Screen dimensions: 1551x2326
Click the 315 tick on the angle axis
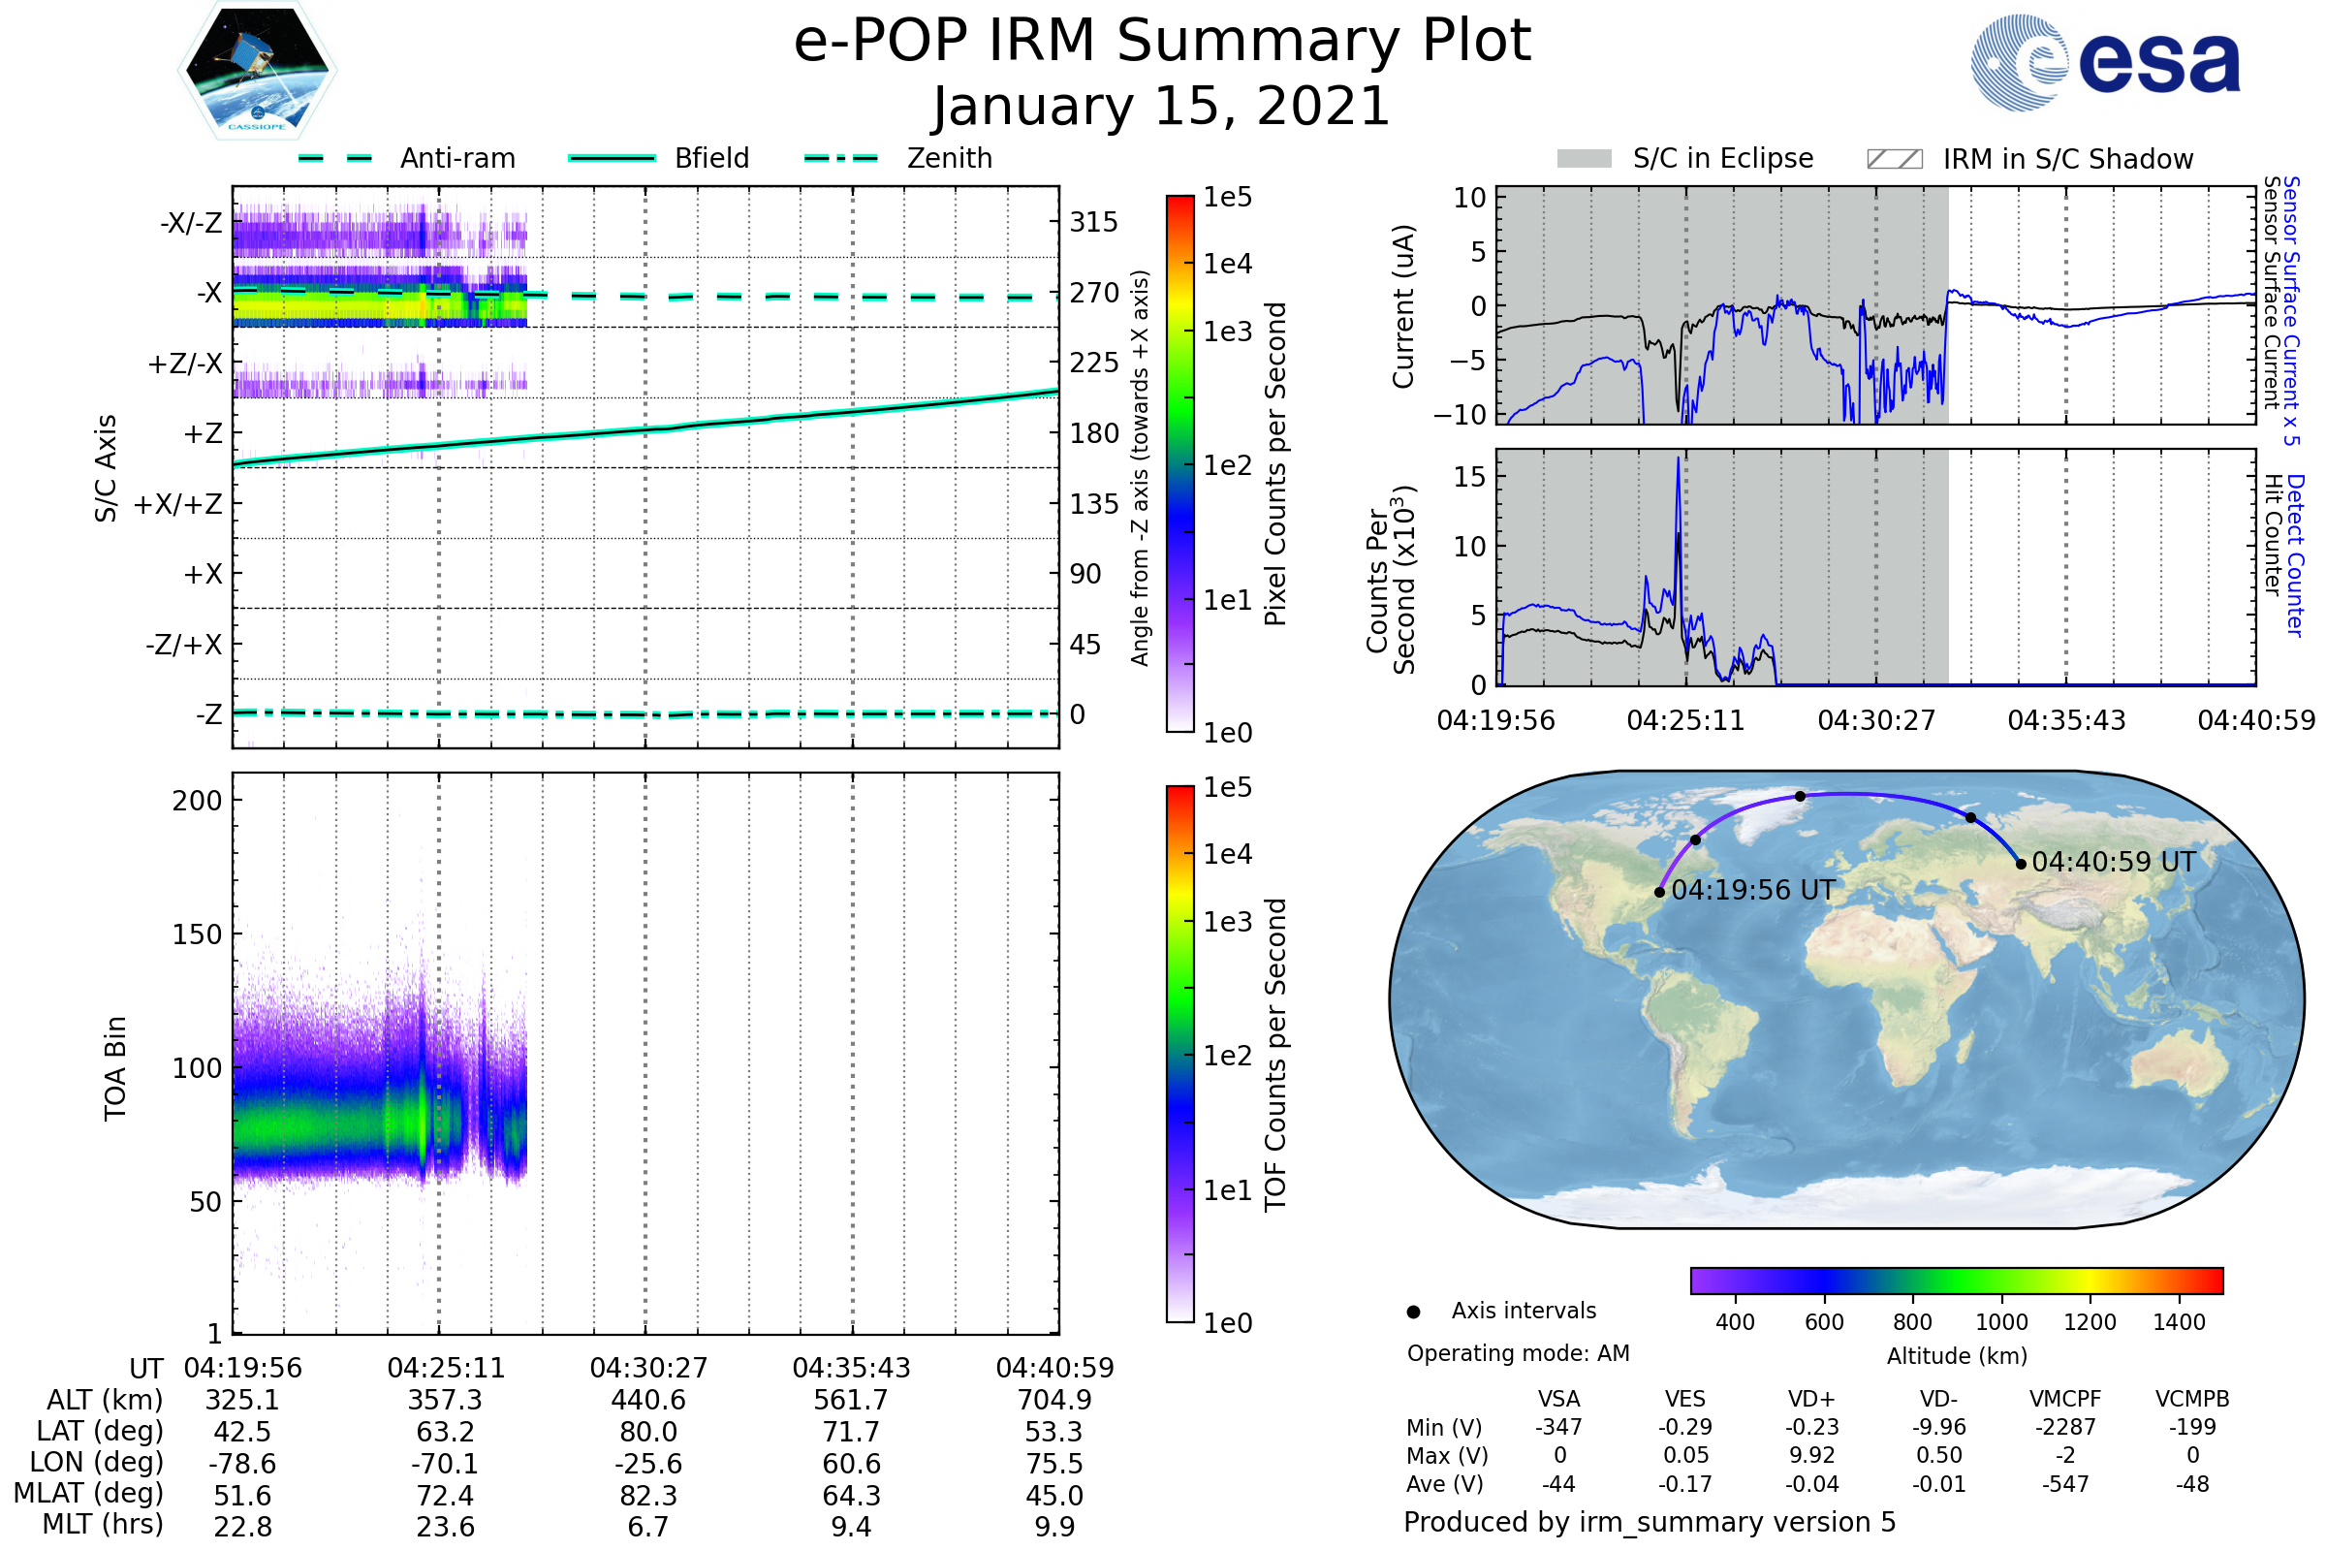1094,222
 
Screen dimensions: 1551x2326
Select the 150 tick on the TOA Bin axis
197,934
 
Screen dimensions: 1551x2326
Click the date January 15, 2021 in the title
1162,107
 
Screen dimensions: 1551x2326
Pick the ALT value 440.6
647,1401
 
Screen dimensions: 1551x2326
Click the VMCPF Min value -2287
2065,1427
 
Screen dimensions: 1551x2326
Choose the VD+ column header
1811,1399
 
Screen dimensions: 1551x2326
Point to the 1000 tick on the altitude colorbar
2000,1322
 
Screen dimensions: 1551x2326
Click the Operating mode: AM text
1518,1353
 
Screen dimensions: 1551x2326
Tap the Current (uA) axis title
1403,306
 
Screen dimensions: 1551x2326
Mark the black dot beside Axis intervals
1413,1312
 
